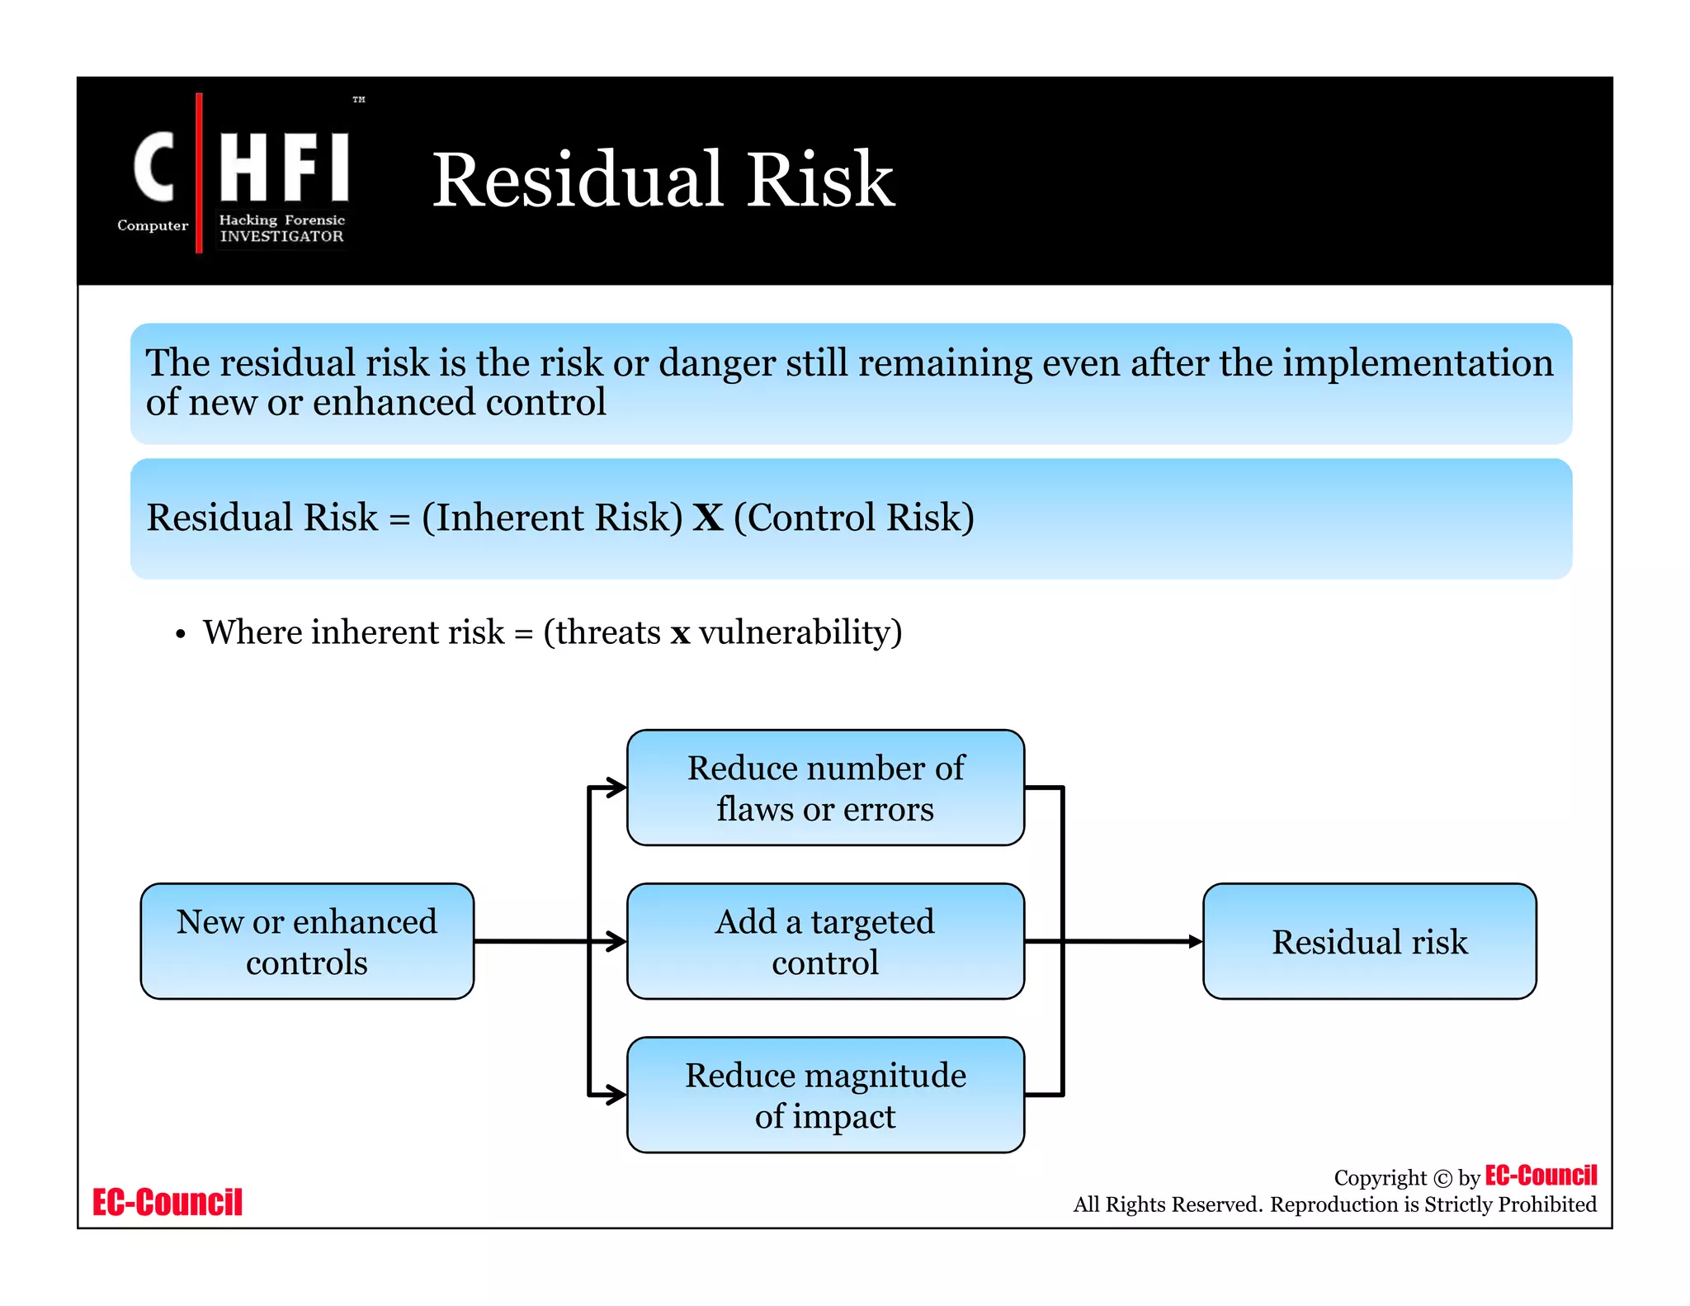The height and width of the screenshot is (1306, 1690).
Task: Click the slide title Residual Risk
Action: point(663,179)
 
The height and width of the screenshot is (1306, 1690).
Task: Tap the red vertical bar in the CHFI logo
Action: point(199,173)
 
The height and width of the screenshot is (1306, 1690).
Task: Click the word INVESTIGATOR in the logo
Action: point(281,236)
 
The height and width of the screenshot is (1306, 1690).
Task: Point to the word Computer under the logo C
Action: point(153,225)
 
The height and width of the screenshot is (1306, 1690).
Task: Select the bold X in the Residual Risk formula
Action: point(707,518)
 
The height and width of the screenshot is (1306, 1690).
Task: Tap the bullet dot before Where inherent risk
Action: point(181,635)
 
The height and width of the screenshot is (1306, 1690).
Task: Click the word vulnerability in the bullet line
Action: point(800,632)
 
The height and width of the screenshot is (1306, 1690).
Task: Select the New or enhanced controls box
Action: point(307,941)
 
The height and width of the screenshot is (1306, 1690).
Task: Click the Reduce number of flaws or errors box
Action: point(825,788)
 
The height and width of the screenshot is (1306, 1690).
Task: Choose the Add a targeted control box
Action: point(825,941)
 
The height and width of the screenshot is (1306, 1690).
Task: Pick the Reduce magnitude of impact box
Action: point(825,1095)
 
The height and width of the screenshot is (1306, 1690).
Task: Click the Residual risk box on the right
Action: point(1369,941)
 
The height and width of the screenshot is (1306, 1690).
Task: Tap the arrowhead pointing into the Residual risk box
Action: point(1195,941)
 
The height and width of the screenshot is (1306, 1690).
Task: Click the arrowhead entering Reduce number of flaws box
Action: point(617,788)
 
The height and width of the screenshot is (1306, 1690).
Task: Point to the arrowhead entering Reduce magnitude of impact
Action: point(617,1095)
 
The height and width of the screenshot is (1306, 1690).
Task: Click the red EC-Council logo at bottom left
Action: point(168,1202)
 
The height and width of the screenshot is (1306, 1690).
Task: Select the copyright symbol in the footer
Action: point(1442,1178)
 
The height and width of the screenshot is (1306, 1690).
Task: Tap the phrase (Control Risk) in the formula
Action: point(853,518)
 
